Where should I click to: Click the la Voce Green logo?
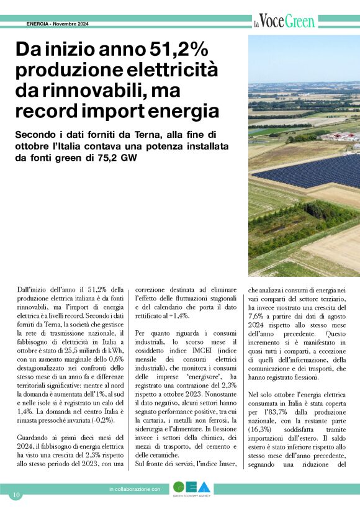pos(284,22)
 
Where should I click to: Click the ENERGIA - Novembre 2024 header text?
pos(58,24)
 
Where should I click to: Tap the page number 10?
pos(16,495)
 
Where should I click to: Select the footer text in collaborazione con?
pos(135,490)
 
